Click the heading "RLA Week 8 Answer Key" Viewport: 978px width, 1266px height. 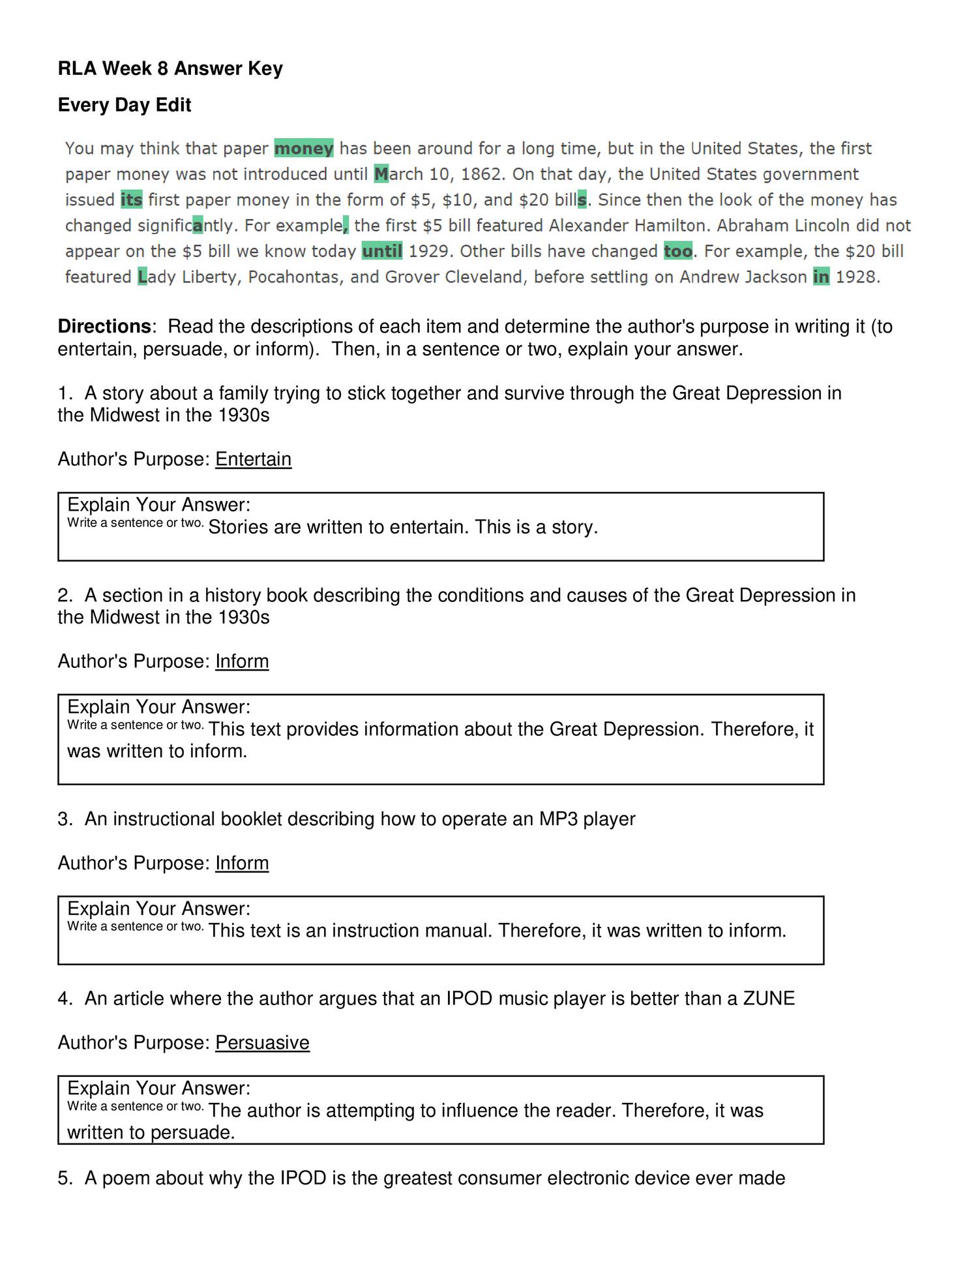(x=170, y=68)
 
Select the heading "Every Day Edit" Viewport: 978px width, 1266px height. (x=125, y=105)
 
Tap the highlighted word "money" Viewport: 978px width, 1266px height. (x=304, y=149)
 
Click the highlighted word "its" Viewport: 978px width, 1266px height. (x=131, y=200)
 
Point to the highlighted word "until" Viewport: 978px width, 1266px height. (x=382, y=251)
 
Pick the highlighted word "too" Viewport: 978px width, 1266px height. (x=678, y=251)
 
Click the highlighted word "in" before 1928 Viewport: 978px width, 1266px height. (x=821, y=277)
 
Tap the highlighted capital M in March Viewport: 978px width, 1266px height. (x=381, y=174)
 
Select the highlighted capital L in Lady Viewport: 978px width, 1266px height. (x=143, y=277)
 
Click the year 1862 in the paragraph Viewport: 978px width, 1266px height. (x=481, y=174)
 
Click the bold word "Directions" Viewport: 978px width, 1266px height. (x=104, y=326)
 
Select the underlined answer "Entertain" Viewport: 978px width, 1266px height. (x=253, y=459)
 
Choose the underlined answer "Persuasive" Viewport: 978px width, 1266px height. (x=262, y=1042)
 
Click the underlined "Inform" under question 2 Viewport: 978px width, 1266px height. (x=242, y=661)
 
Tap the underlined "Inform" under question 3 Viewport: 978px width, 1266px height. (x=242, y=863)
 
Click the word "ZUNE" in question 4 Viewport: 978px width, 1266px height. (x=769, y=999)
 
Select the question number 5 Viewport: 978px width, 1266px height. (x=63, y=1178)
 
